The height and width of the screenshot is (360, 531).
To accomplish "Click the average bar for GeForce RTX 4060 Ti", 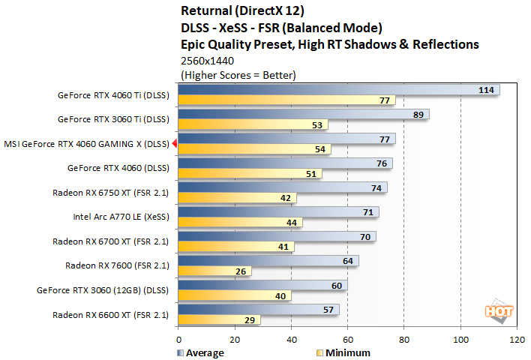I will tap(337, 90).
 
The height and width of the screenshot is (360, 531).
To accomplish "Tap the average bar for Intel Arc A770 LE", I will tap(277, 212).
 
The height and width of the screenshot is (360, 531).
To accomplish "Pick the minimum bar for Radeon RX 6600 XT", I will tap(218, 319).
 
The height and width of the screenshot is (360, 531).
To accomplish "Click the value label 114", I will tap(487, 90).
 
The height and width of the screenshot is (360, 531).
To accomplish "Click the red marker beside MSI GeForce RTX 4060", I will tap(174, 142).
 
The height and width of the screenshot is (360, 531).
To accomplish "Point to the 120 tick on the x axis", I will tap(517, 339).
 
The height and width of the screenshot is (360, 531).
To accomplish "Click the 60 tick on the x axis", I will tap(347, 339).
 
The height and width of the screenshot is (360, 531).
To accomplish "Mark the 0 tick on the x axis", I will tap(178, 339).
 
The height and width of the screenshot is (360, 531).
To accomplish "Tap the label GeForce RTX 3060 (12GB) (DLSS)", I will tap(103, 290).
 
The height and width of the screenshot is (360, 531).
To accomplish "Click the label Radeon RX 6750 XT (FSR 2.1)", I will tap(111, 193).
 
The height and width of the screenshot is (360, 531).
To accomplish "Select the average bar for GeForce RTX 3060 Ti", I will tap(303, 115).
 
